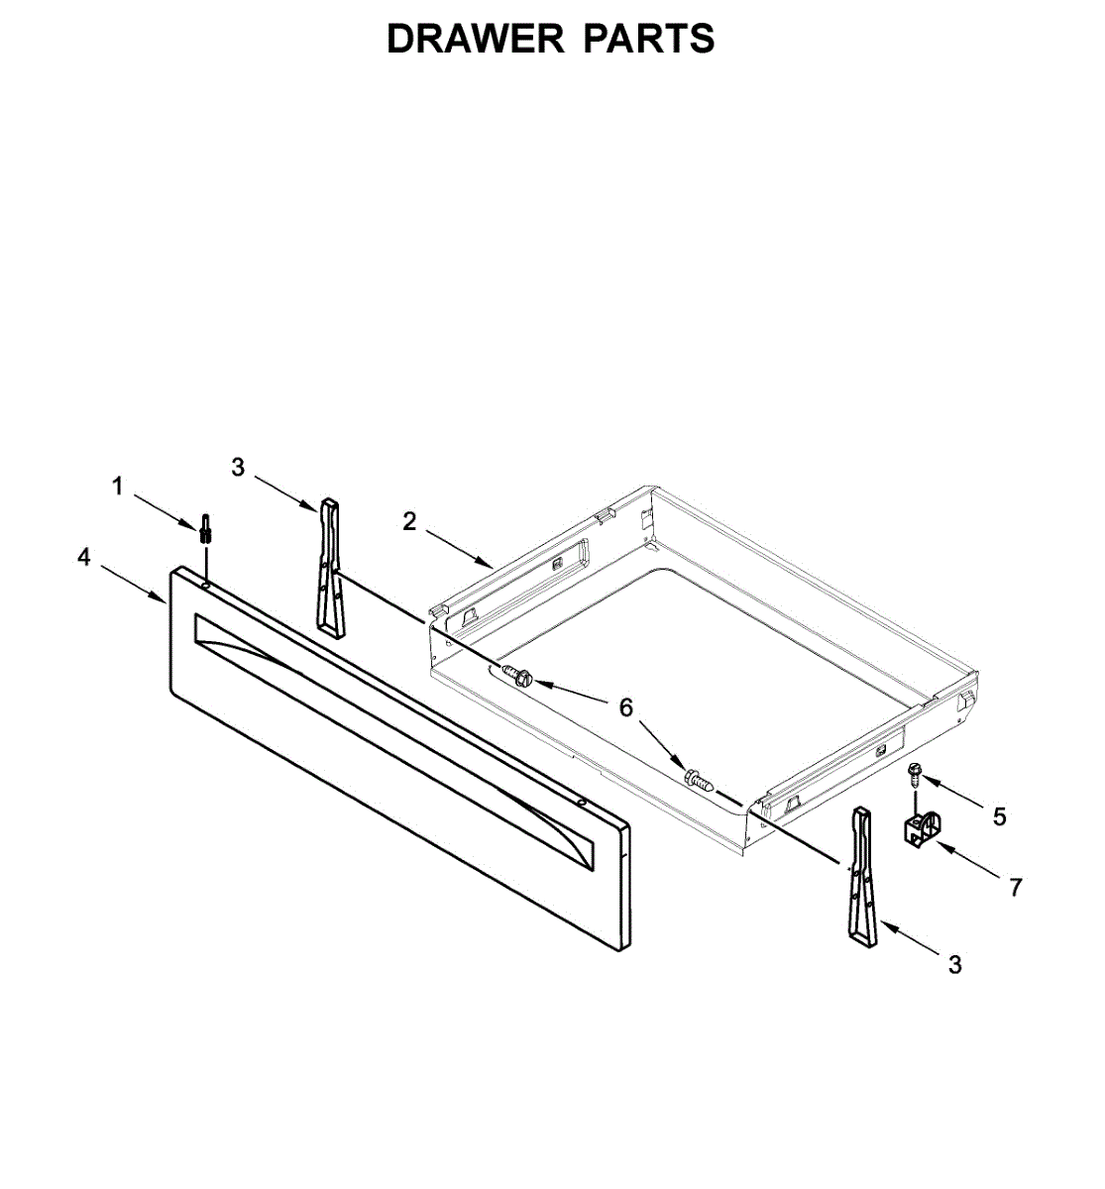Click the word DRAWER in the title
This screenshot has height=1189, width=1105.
pyautogui.click(x=474, y=39)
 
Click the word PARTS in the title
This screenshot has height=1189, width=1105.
pyautogui.click(x=648, y=39)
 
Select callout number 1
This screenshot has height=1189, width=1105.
pyautogui.click(x=118, y=486)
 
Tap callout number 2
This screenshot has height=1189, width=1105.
pyautogui.click(x=410, y=522)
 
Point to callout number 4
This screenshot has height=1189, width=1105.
pyautogui.click(x=84, y=558)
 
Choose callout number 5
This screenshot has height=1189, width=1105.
pyautogui.click(x=999, y=816)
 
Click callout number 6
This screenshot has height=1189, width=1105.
pyautogui.click(x=625, y=707)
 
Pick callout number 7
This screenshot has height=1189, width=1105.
pyautogui.click(x=1015, y=887)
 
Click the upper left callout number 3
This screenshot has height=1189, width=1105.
pyautogui.click(x=238, y=467)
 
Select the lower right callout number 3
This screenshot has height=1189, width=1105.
pyautogui.click(x=954, y=964)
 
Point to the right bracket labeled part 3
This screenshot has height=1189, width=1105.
pyautogui.click(x=861, y=877)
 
